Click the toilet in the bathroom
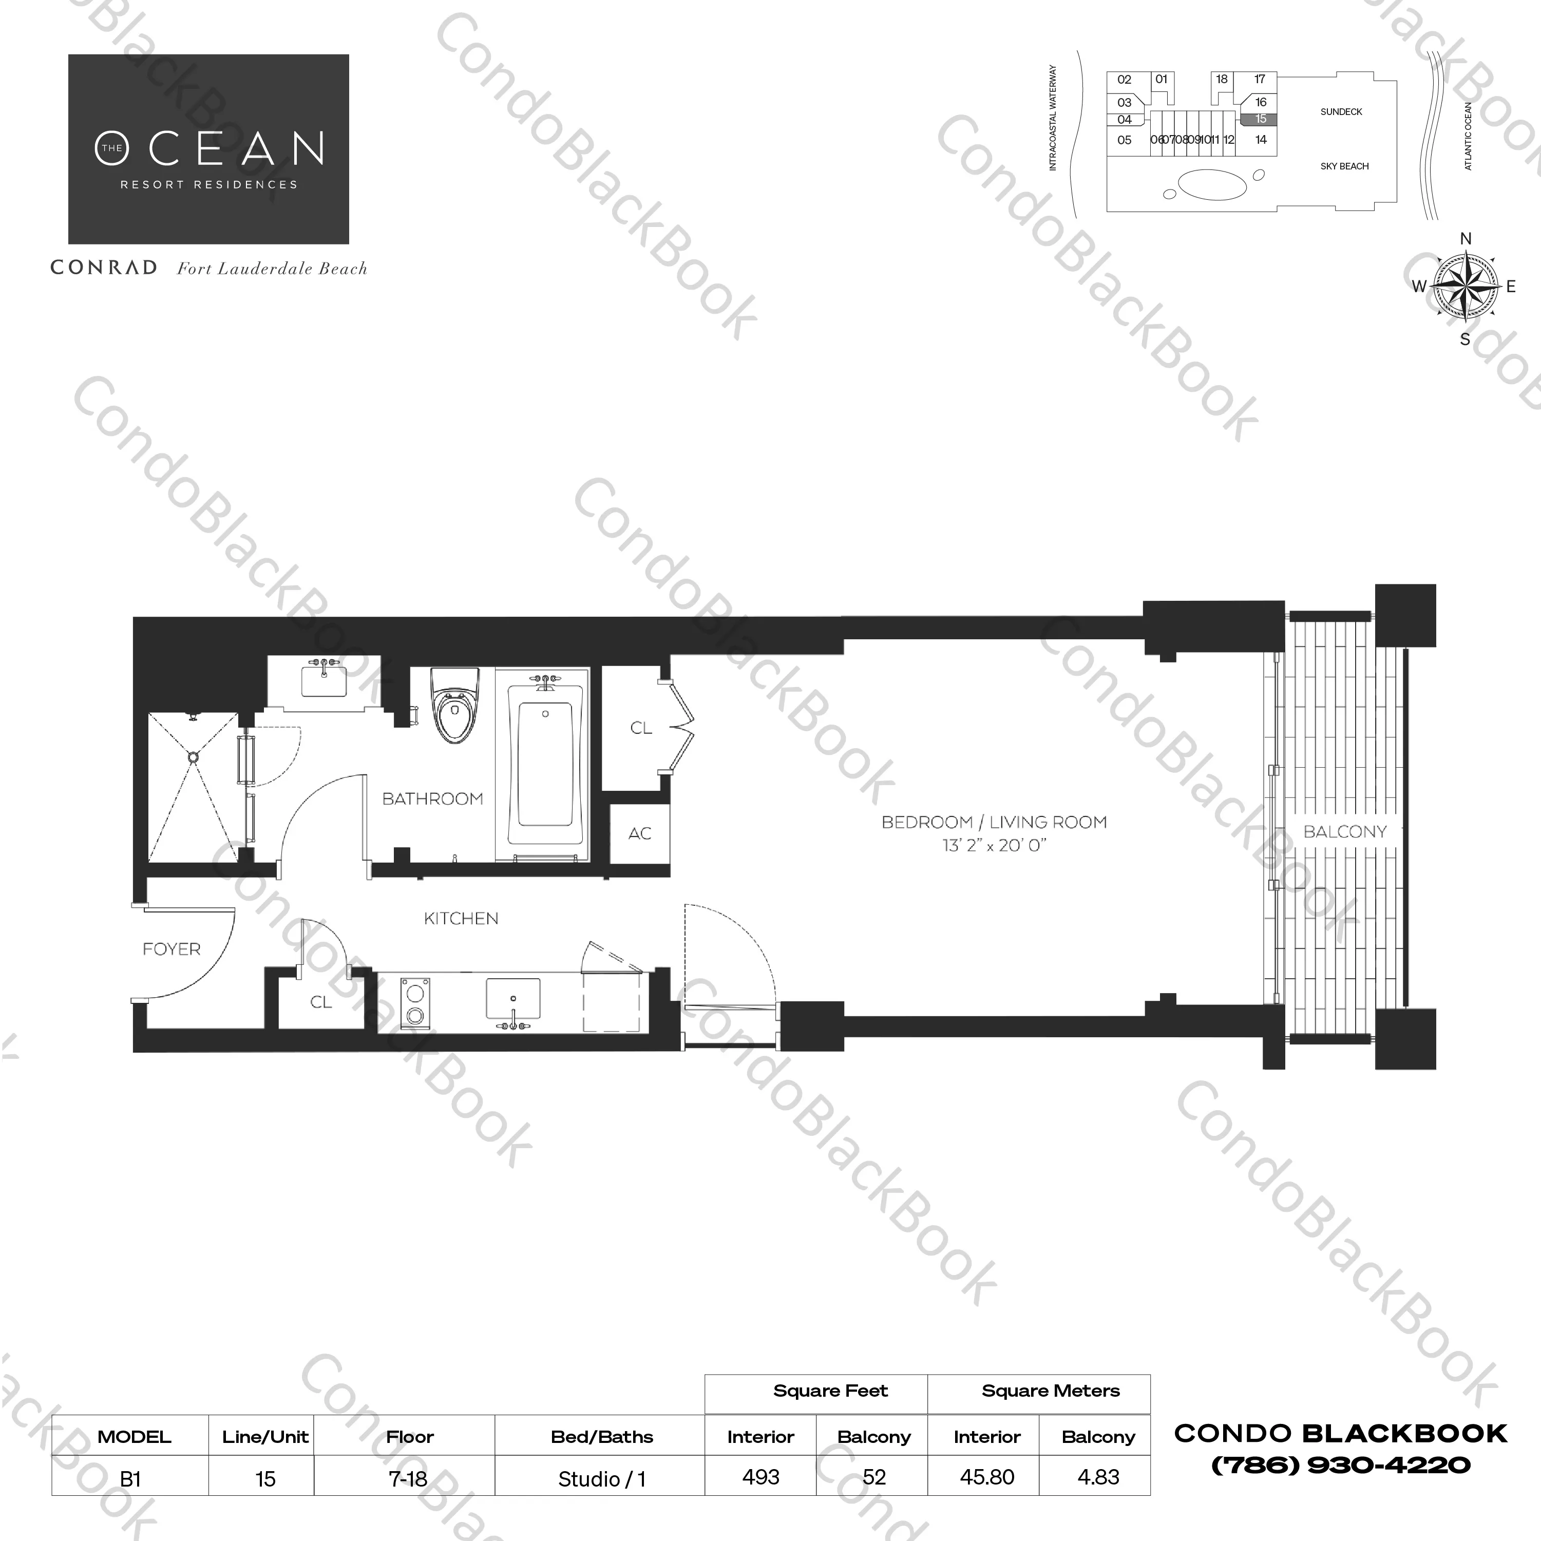pyautogui.click(x=455, y=705)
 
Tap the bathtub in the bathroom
pyautogui.click(x=545, y=767)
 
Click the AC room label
pyautogui.click(x=640, y=833)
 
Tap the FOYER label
pyautogui.click(x=172, y=949)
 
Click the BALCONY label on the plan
pyautogui.click(x=1345, y=832)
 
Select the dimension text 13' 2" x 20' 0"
pyautogui.click(x=994, y=846)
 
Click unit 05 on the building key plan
pyautogui.click(x=1125, y=140)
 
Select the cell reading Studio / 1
pyautogui.click(x=601, y=1479)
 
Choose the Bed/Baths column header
pyautogui.click(x=601, y=1437)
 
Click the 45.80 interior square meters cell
pyautogui.click(x=986, y=1477)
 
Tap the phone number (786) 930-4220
pyautogui.click(x=1341, y=1465)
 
